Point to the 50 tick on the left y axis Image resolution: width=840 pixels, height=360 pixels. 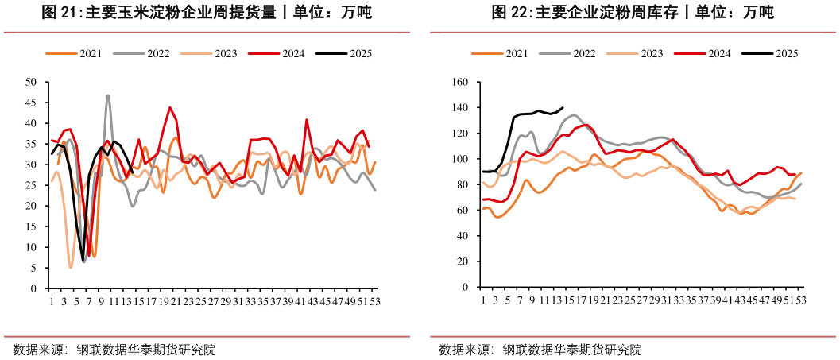(x=31, y=82)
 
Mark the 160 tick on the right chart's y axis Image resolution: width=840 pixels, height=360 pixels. (x=460, y=82)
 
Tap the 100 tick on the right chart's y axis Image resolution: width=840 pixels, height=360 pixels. (x=460, y=159)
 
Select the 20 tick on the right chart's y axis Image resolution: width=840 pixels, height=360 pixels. (x=463, y=262)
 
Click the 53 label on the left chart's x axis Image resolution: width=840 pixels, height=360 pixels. (x=374, y=301)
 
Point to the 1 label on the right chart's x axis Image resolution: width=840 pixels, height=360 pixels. (x=483, y=301)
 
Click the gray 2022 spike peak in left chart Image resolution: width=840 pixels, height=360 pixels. (x=108, y=95)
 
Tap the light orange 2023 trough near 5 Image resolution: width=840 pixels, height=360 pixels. (x=71, y=267)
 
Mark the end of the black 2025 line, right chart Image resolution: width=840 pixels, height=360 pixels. (x=563, y=107)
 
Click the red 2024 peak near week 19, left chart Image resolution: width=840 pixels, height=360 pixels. (x=169, y=107)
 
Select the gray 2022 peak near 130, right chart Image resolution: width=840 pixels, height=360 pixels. (x=574, y=115)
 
